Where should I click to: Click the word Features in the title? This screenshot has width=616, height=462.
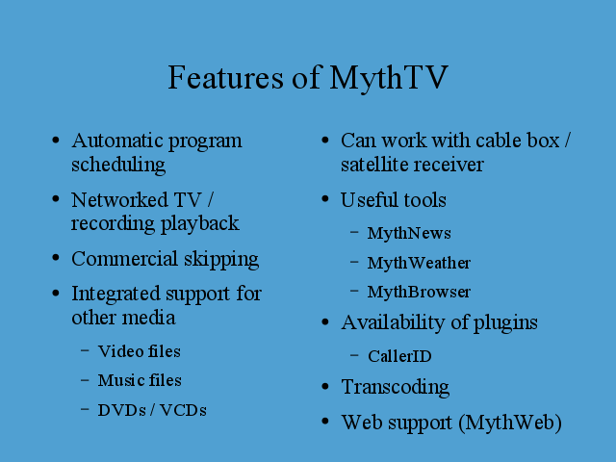point(225,77)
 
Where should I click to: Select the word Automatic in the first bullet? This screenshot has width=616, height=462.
point(116,141)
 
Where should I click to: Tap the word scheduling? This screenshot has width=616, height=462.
point(118,165)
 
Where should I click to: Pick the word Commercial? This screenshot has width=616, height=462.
point(124,259)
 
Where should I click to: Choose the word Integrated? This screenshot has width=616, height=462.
point(115,295)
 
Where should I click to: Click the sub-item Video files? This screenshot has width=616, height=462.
point(139,351)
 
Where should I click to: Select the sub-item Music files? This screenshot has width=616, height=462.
point(140,380)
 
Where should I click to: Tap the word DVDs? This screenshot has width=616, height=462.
point(122,410)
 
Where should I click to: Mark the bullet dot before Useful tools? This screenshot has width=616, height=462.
point(325,199)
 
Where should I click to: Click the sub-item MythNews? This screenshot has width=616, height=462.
point(409,234)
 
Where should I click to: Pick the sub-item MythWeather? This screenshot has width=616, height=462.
point(419,263)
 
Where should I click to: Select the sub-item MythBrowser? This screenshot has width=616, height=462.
point(419,292)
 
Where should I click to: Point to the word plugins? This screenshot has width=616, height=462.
point(505,323)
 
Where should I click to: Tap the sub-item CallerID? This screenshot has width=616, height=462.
point(399,356)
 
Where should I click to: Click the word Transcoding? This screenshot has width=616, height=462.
point(396,388)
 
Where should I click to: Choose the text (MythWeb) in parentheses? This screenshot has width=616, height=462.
point(510,423)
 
